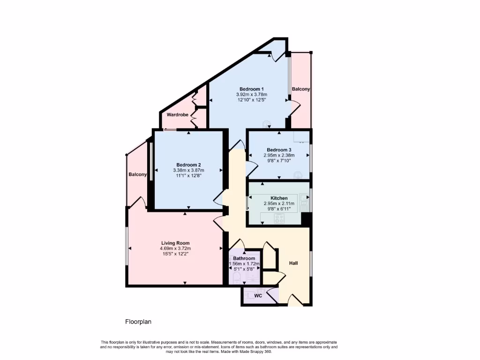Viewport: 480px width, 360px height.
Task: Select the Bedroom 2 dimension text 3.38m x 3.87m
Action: (188, 170)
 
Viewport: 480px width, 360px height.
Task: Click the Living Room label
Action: (176, 243)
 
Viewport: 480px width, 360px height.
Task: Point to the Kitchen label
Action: (279, 198)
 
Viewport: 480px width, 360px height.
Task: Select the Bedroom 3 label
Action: (279, 150)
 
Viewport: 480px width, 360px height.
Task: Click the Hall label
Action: (293, 263)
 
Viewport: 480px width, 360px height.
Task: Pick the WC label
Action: (258, 296)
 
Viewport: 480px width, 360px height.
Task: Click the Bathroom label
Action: (244, 258)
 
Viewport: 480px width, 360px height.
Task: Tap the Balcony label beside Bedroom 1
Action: (300, 89)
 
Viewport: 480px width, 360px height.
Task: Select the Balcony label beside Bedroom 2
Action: (138, 174)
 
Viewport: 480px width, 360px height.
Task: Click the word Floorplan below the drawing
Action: (138, 322)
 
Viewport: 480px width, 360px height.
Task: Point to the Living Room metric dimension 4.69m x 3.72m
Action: (176, 248)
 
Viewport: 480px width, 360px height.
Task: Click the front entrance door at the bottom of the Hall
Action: (295, 300)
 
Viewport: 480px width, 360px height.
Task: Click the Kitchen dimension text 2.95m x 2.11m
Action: (279, 204)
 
